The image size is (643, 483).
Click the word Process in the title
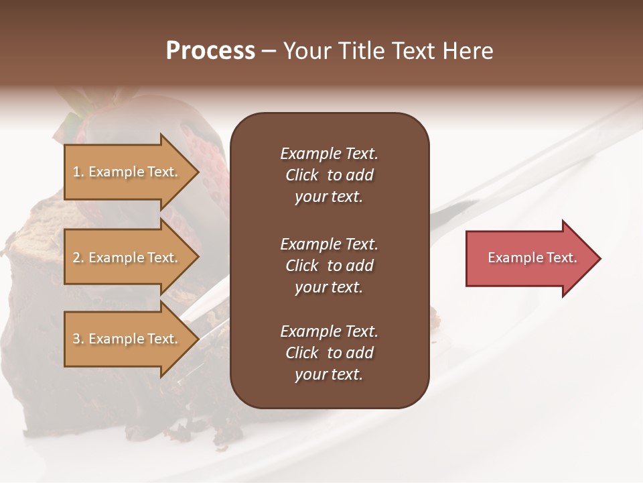(210, 51)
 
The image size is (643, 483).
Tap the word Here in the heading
(467, 51)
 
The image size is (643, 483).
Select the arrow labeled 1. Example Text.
(127, 172)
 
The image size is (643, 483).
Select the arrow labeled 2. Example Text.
(127, 258)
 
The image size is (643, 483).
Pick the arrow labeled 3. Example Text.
(127, 339)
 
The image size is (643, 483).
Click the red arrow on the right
(529, 258)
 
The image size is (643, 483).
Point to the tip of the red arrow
(599, 258)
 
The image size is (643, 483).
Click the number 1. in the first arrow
(78, 172)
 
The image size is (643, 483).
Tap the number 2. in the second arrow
(78, 258)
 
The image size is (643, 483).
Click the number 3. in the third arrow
(78, 339)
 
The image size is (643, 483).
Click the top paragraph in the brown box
(329, 175)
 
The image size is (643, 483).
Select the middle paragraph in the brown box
(329, 266)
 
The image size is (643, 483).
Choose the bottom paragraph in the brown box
(329, 353)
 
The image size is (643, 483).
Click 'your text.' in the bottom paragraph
(329, 375)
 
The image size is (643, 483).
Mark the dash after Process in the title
(269, 51)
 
